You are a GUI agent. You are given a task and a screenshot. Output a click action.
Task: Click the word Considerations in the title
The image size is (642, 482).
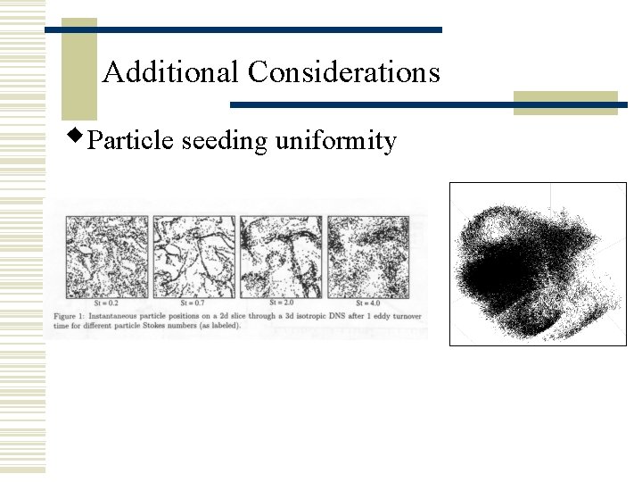tap(344, 71)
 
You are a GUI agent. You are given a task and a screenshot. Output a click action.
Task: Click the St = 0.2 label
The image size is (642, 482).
tap(106, 302)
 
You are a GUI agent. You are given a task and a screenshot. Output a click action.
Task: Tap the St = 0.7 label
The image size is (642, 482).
tap(193, 302)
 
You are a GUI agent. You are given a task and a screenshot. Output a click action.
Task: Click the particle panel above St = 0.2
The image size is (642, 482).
tap(106, 255)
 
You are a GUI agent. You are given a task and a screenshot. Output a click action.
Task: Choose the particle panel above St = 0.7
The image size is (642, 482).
tap(193, 255)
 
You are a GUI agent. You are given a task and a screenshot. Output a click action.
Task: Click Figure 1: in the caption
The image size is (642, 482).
tap(73, 317)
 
